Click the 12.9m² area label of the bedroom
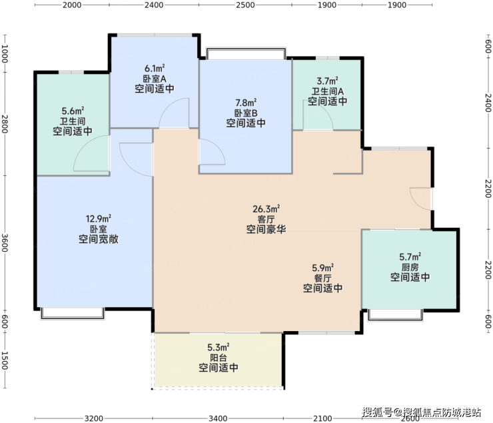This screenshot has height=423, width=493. [99, 218]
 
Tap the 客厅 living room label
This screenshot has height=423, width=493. [266, 219]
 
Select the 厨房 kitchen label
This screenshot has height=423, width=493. [410, 267]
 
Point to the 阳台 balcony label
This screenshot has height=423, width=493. [219, 358]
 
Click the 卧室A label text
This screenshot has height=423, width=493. [155, 79]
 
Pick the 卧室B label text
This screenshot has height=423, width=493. [246, 113]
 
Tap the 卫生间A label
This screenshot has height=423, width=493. [328, 91]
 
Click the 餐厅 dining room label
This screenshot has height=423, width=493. [322, 278]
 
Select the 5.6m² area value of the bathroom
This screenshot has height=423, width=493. [73, 111]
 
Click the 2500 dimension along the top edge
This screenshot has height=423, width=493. [245, 5]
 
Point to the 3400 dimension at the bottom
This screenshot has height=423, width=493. [218, 418]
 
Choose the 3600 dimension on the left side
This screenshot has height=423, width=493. [5, 242]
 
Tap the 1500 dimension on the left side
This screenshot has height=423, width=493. [5, 360]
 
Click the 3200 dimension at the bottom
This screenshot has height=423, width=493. [94, 418]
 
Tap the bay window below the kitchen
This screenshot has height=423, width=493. [396, 315]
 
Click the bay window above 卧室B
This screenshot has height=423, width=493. [246, 53]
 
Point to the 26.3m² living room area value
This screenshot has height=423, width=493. [266, 209]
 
